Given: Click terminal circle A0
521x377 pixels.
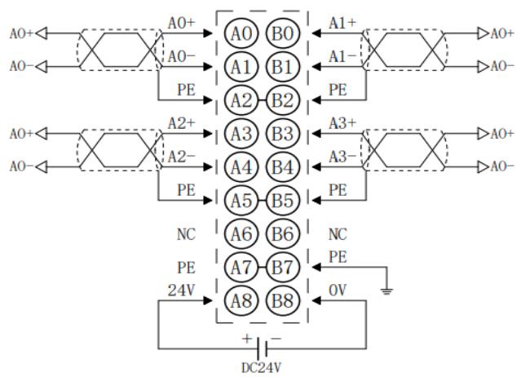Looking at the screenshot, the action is point(241,33).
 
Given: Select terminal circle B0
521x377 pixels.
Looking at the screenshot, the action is point(283,33).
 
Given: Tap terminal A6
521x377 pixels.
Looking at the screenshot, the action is point(241,233).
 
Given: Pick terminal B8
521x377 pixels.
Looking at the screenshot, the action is point(283,300).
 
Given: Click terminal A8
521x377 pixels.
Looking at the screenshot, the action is point(241,300).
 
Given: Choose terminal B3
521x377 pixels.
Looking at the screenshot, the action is point(283,134).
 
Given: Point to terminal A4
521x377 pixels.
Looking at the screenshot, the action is point(241,167).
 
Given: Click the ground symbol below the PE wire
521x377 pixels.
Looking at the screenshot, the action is point(386,291).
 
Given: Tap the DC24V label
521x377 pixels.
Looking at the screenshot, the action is point(261,368).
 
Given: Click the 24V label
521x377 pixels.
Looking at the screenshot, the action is point(181,291).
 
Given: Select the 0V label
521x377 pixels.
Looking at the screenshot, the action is point(338,291).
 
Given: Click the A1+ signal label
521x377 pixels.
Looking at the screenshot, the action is point(342,24).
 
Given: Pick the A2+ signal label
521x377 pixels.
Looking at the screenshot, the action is point(182,124).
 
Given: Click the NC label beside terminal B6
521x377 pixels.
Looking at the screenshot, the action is point(338,234).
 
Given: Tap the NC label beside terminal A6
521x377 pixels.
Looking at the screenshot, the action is point(186,234).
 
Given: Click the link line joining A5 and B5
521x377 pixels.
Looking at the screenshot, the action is point(263,201).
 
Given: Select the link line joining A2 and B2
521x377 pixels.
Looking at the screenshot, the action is point(263,100).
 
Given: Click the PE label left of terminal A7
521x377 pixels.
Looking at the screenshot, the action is point(186,268).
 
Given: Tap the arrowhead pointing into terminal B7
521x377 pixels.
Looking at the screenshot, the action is point(316,267).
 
